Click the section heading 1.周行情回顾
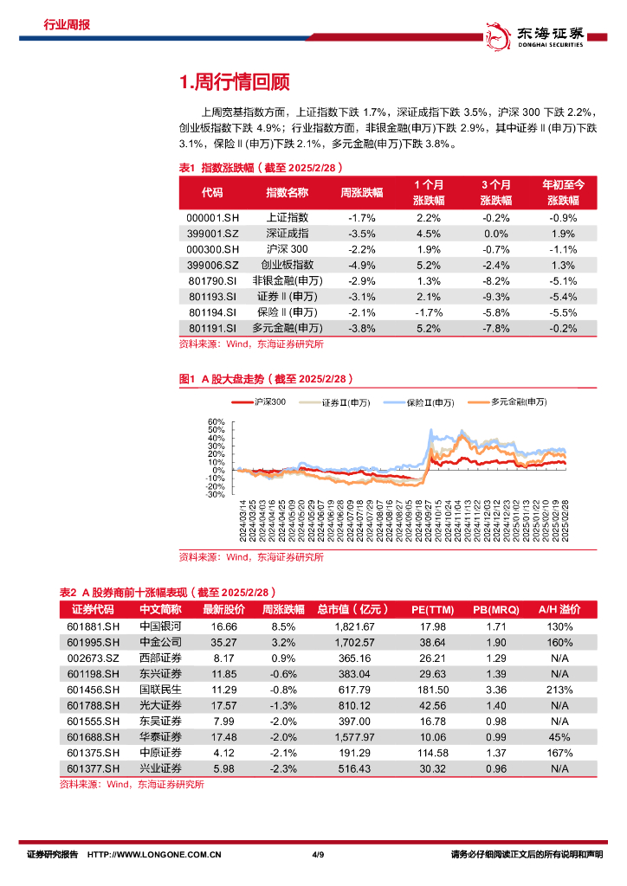point(234,82)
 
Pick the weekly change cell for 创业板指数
point(360,265)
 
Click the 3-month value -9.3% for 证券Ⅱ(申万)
point(495,296)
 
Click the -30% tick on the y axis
point(216,495)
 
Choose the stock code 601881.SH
point(93,626)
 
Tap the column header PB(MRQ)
point(497,609)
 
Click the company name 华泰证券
point(160,736)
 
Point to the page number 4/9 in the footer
point(317,855)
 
